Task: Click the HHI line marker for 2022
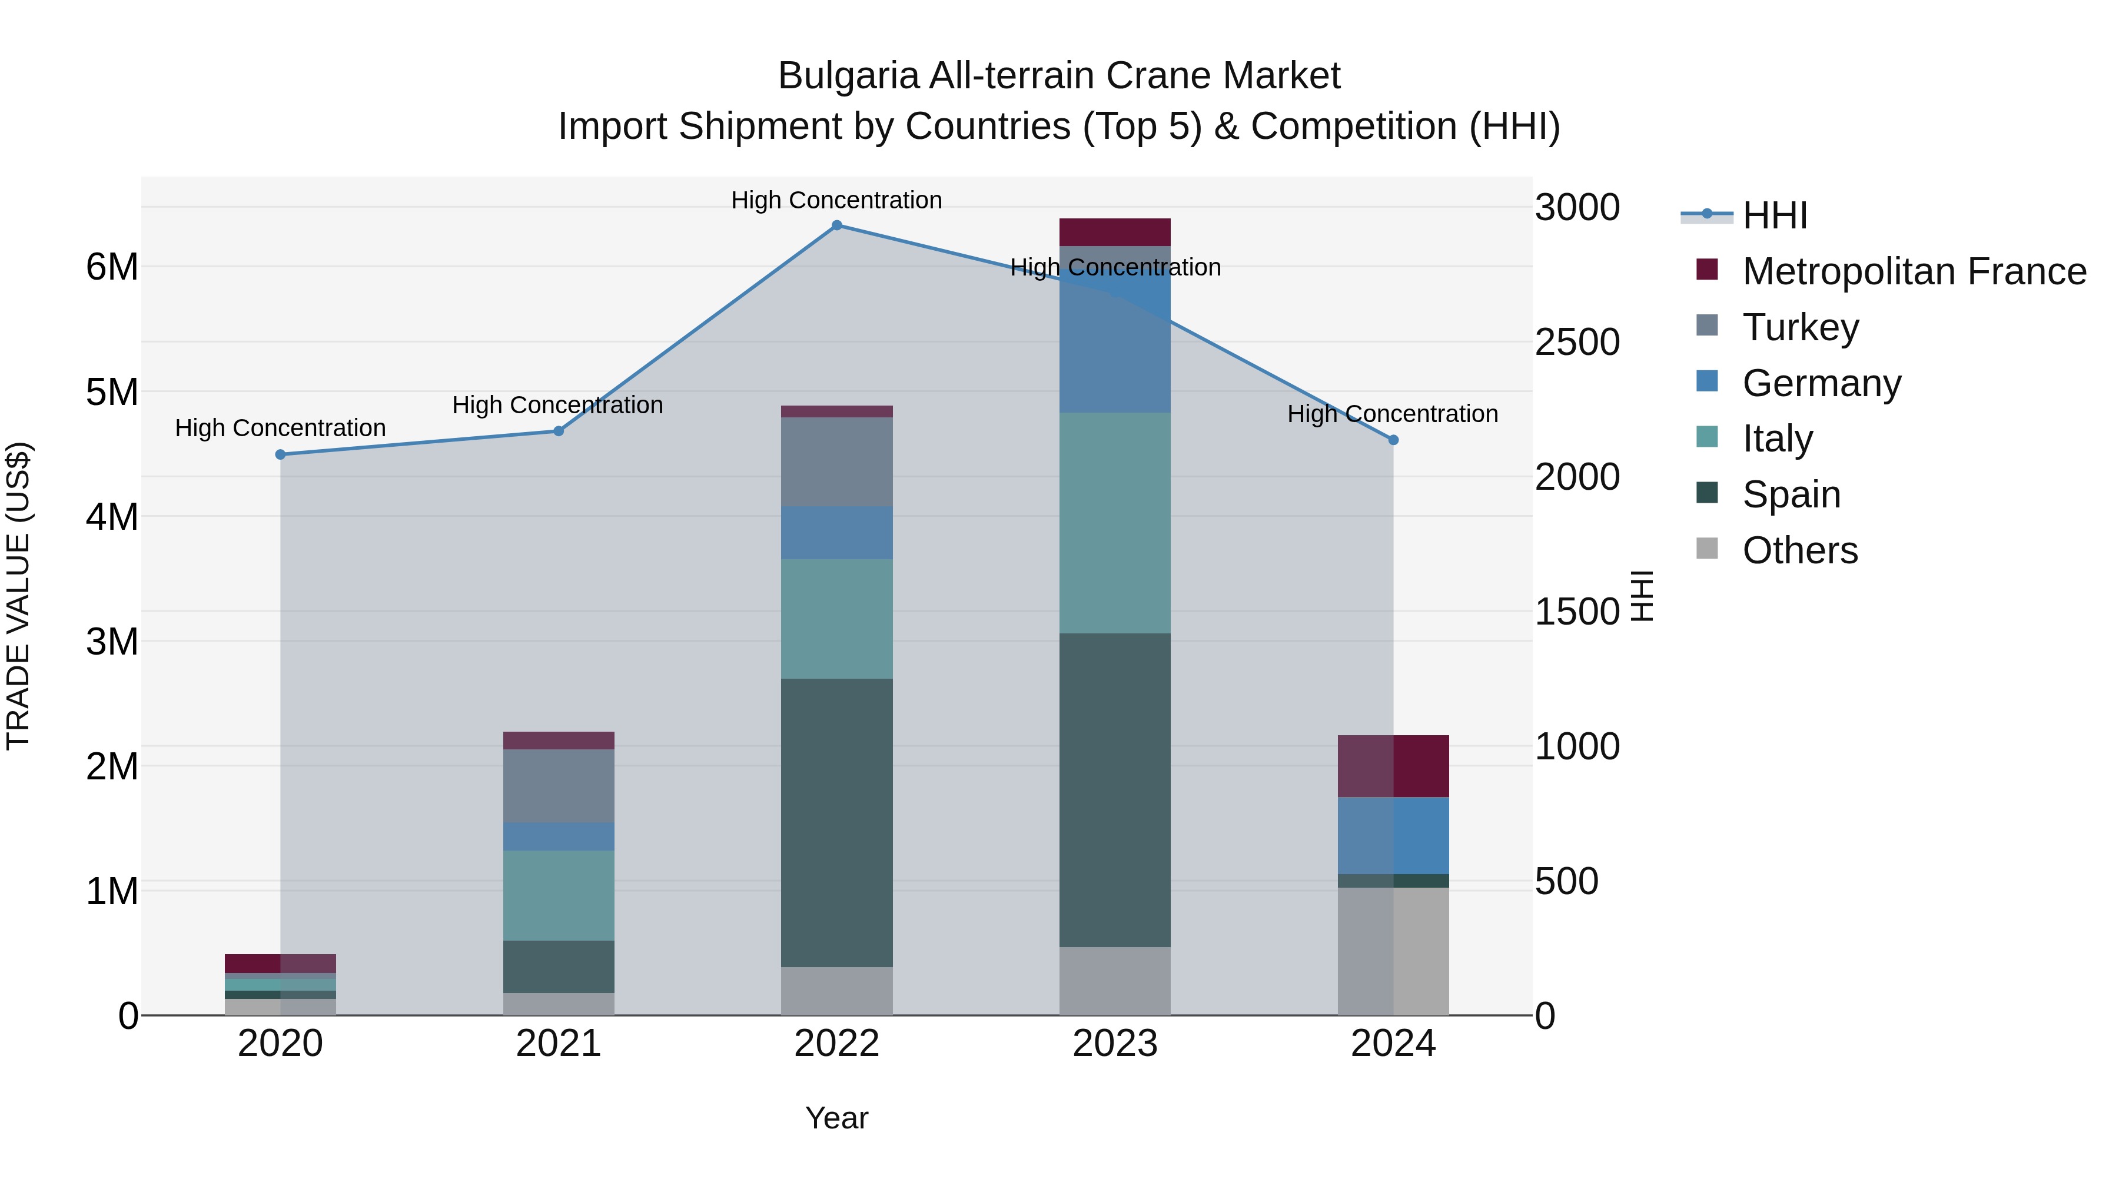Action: [836, 225]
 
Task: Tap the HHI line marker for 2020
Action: [281, 455]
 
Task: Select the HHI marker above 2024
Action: [1393, 440]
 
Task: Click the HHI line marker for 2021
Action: [559, 431]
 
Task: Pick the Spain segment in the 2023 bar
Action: [1115, 790]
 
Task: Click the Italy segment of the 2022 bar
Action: [836, 619]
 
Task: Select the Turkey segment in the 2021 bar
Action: [559, 786]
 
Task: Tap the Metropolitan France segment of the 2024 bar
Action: [1393, 766]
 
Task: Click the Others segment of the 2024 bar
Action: [1393, 951]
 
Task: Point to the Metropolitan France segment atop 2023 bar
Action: [1115, 232]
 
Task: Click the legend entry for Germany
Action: [1821, 383]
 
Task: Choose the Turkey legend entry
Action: [1800, 327]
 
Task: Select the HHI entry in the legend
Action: [1774, 215]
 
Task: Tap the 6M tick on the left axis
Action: [112, 267]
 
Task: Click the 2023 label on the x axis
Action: [1115, 1044]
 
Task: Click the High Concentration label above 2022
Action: [836, 200]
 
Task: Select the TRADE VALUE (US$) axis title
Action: [19, 596]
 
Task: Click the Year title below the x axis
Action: [836, 1118]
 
